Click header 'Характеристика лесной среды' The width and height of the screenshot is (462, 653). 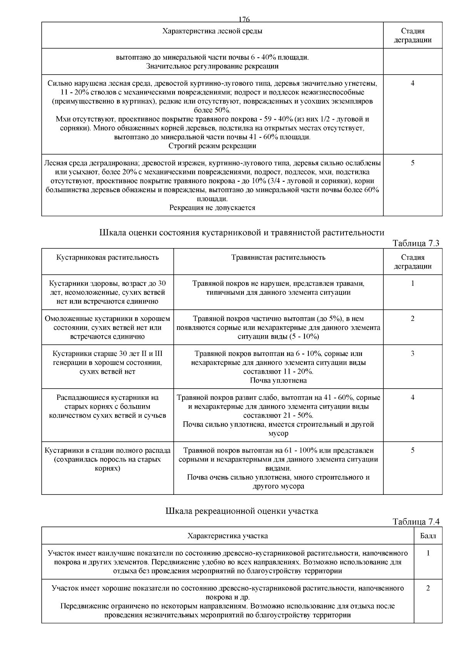click(212, 31)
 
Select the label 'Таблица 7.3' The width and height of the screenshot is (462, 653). click(415, 243)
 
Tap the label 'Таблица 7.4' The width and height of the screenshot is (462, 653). click(415, 522)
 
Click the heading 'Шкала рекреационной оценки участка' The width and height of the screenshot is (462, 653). click(241, 511)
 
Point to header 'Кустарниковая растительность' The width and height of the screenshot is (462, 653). click(107, 257)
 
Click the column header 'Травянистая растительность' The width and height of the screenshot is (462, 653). click(278, 257)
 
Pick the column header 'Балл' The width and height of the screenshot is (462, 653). click(428, 536)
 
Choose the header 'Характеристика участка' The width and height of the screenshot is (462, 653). click(228, 536)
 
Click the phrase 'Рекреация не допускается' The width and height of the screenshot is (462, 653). click(212, 208)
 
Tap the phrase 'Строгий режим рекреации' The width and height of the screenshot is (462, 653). click(212, 146)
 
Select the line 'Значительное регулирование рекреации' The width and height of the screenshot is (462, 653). click(212, 66)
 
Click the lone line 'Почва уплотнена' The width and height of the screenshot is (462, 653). click(278, 381)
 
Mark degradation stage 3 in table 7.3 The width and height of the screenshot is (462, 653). click(412, 354)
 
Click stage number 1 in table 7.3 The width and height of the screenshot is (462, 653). click(412, 284)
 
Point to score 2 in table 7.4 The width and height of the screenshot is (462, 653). click(428, 588)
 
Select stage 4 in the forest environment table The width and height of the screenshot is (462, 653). click(412, 84)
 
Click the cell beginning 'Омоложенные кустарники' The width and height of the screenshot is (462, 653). click(107, 327)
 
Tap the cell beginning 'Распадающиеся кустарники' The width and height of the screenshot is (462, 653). click(107, 406)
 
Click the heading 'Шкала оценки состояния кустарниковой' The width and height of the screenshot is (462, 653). click(241, 233)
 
